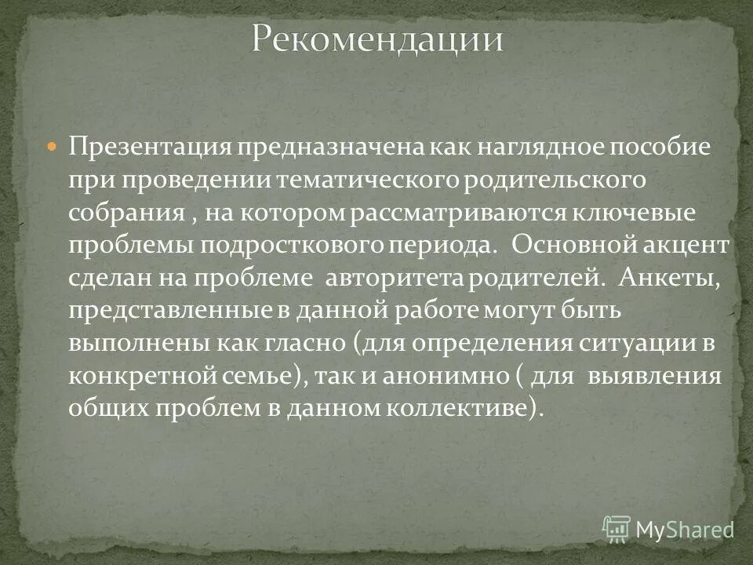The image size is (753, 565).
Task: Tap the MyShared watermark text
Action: [685, 530]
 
